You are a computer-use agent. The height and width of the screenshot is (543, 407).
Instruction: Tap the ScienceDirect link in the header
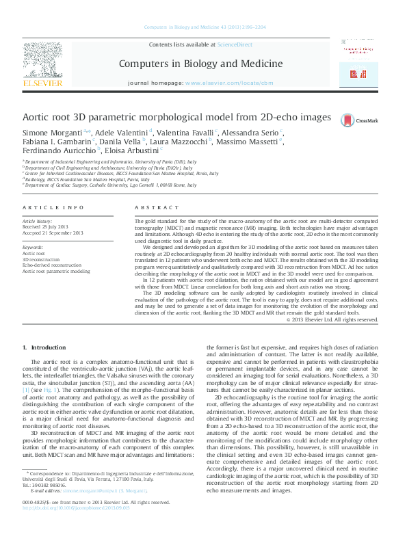pyautogui.click(x=235, y=44)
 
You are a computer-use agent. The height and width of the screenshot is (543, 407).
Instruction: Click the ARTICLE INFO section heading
pyautogui.click(x=44, y=207)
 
